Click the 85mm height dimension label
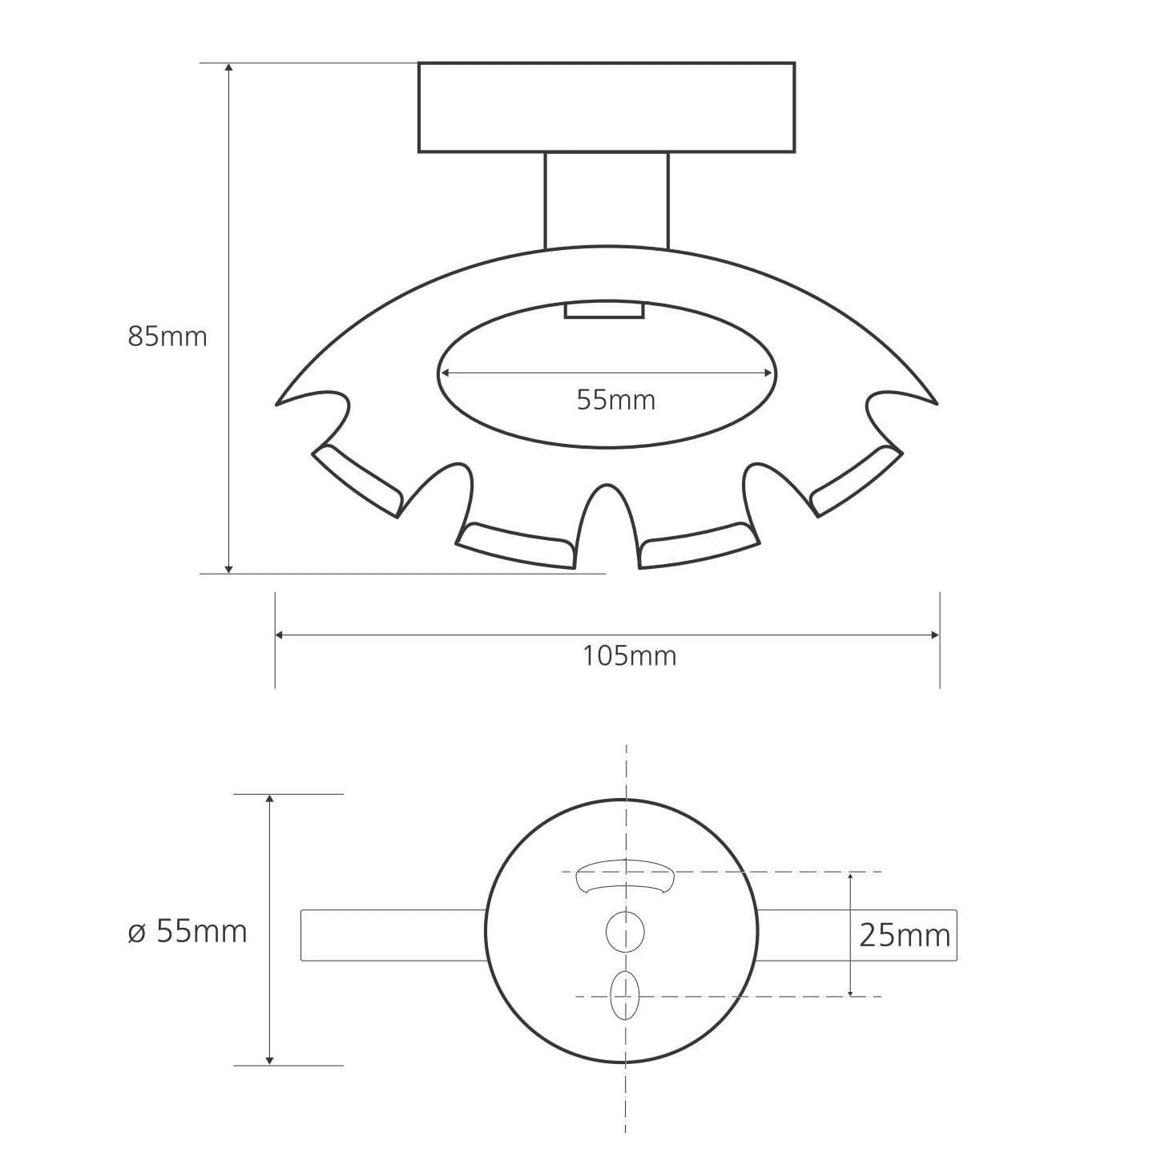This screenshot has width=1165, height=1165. tap(167, 337)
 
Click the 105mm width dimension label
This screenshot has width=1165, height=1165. tap(629, 656)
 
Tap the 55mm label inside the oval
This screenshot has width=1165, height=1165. tap(616, 401)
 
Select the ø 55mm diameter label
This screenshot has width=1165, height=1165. tap(187, 932)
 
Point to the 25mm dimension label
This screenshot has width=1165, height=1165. tap(905, 937)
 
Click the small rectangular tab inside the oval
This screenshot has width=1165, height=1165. tap(604, 311)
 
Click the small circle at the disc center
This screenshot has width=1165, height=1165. tap(625, 932)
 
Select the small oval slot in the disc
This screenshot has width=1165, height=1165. tap(624, 996)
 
